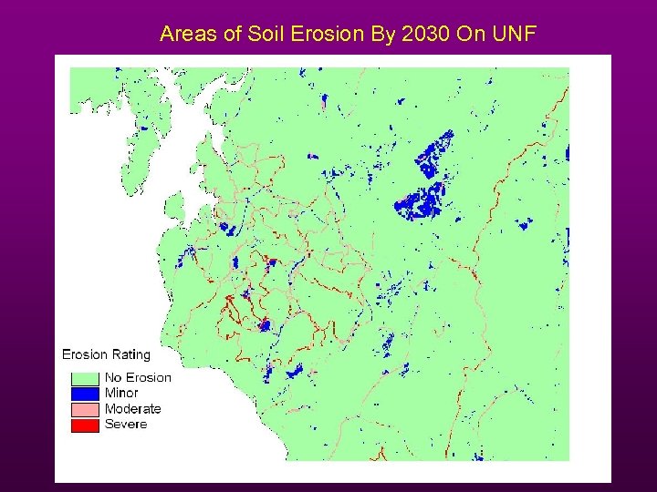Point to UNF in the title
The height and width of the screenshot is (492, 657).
pyautogui.click(x=515, y=35)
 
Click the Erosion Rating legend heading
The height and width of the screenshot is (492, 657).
pyautogui.click(x=106, y=354)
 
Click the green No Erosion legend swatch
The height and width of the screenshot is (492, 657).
pyautogui.click(x=85, y=377)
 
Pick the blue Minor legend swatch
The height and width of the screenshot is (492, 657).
pyautogui.click(x=85, y=393)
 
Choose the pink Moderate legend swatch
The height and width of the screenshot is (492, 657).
pyautogui.click(x=85, y=409)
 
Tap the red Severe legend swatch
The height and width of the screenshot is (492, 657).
pyautogui.click(x=85, y=425)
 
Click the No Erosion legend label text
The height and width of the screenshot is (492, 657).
pyautogui.click(x=138, y=377)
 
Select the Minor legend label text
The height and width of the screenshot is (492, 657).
pyautogui.click(x=121, y=393)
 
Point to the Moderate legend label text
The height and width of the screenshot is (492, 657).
pyautogui.click(x=132, y=409)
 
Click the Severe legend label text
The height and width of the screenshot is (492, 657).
pyautogui.click(x=125, y=425)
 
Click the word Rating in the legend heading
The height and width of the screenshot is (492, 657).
pyautogui.click(x=130, y=354)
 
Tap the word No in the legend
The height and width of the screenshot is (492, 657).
pyautogui.click(x=113, y=377)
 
